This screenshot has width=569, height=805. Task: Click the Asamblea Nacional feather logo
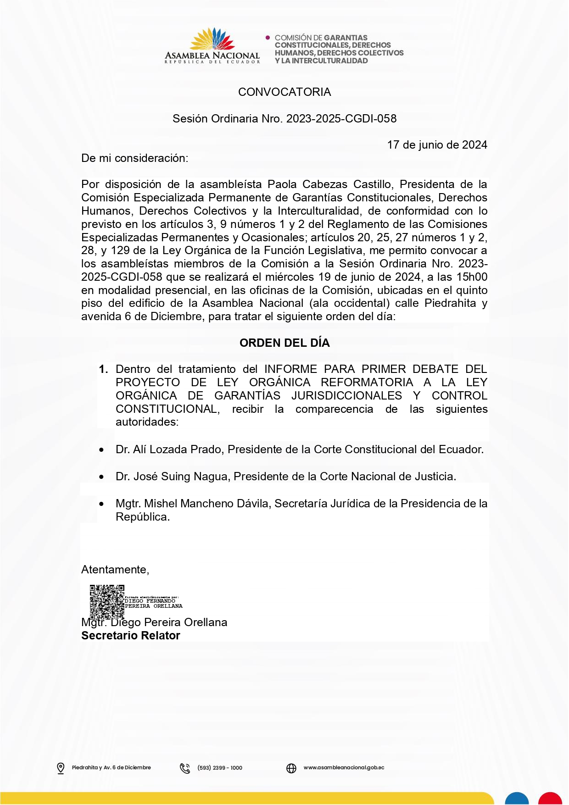(x=212, y=39)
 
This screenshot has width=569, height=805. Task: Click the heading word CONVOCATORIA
(x=284, y=92)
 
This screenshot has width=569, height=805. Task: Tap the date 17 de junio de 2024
(x=437, y=145)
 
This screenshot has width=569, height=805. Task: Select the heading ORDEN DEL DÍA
(x=284, y=343)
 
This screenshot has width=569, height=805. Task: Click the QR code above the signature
(x=107, y=601)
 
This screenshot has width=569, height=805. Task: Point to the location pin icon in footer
(x=61, y=768)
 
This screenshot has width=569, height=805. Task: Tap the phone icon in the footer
(x=185, y=768)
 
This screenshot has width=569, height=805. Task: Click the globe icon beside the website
(x=291, y=768)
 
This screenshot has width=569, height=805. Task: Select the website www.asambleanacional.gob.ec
(x=344, y=767)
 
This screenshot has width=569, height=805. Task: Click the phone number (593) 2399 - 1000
(x=220, y=768)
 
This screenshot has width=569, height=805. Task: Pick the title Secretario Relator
(x=131, y=636)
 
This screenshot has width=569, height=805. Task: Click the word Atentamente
(x=115, y=570)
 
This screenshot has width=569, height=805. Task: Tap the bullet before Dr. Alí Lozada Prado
(x=101, y=450)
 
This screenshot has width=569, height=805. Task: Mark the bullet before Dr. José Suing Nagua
(x=101, y=477)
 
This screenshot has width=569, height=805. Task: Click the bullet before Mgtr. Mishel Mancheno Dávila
(x=101, y=505)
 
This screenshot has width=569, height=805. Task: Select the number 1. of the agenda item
(x=104, y=369)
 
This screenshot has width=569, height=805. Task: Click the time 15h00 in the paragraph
(x=472, y=277)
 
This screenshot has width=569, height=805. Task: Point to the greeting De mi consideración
(x=134, y=158)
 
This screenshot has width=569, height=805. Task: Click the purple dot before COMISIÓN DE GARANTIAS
(x=268, y=38)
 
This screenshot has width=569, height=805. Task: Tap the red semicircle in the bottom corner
(x=550, y=799)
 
